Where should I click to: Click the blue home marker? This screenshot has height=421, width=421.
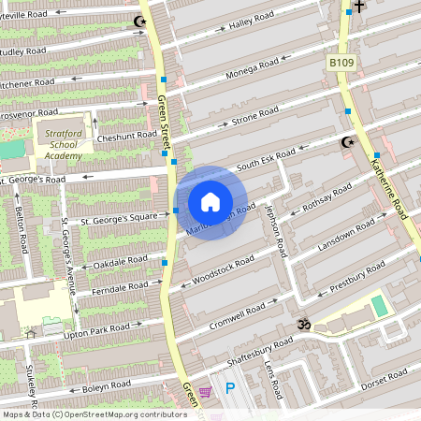coord(210,202)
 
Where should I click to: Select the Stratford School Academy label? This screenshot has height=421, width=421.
coord(65,145)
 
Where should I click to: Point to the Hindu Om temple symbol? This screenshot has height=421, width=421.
coord(302,325)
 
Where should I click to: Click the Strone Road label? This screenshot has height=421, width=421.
coord(253,117)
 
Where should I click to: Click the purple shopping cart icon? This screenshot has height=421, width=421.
coord(205,391)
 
